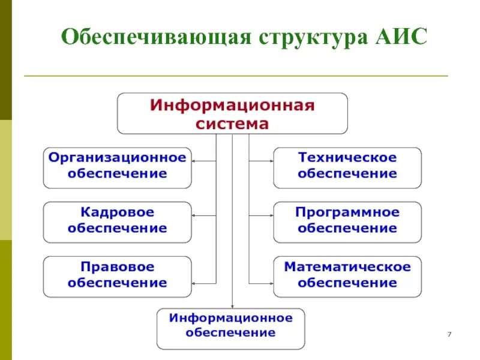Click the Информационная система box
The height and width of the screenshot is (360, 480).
(232, 113)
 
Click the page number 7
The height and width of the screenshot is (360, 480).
(449, 334)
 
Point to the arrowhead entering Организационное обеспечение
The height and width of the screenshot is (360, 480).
(195, 161)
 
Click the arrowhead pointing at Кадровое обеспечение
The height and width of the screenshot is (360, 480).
(195, 215)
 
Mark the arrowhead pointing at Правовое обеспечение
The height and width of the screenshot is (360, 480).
(195, 283)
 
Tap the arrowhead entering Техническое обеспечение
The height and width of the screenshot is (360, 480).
(271, 161)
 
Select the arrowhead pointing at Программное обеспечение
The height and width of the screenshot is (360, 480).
(271, 215)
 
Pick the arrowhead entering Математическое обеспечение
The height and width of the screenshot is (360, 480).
(271, 283)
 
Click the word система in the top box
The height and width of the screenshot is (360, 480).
(232, 124)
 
